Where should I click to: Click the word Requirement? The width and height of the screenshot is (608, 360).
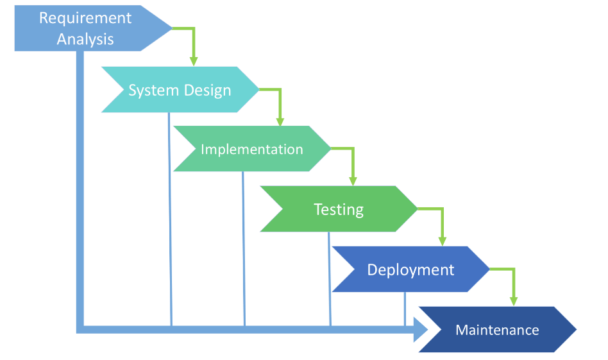tap(85, 18)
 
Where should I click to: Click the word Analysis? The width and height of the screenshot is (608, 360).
tap(85, 39)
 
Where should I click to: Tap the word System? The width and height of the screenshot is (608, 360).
tap(151, 90)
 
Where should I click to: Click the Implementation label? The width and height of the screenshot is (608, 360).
tap(251, 150)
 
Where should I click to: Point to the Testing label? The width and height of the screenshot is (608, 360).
tap(339, 209)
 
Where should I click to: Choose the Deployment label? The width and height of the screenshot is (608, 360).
tap(410, 270)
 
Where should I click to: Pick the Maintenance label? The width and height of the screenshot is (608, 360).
tap(497, 330)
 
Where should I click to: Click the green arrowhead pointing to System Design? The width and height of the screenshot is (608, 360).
tap(193, 60)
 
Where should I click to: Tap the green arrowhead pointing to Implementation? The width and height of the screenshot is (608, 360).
tap(280, 121)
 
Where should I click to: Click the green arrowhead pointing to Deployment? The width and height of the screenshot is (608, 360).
tap(442, 241)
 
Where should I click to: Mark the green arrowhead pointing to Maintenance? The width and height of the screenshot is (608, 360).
tap(513, 300)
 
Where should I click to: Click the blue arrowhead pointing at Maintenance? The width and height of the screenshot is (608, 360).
tap(420, 330)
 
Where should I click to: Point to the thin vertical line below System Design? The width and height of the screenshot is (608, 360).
tap(170, 218)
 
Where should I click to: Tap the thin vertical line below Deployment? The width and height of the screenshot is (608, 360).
tap(405, 308)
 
